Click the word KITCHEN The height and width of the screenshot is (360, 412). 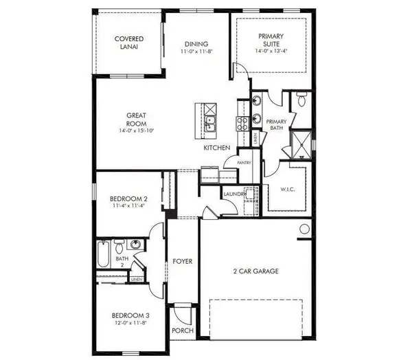coord(216,148)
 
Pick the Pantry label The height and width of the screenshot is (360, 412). coord(244,162)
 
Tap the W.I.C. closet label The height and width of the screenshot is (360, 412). coord(287,190)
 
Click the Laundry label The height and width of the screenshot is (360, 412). coord(233,194)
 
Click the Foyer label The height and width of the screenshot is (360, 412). coord(182,262)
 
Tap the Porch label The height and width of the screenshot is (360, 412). coord(183,331)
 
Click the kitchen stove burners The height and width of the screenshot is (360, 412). coord(242,123)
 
